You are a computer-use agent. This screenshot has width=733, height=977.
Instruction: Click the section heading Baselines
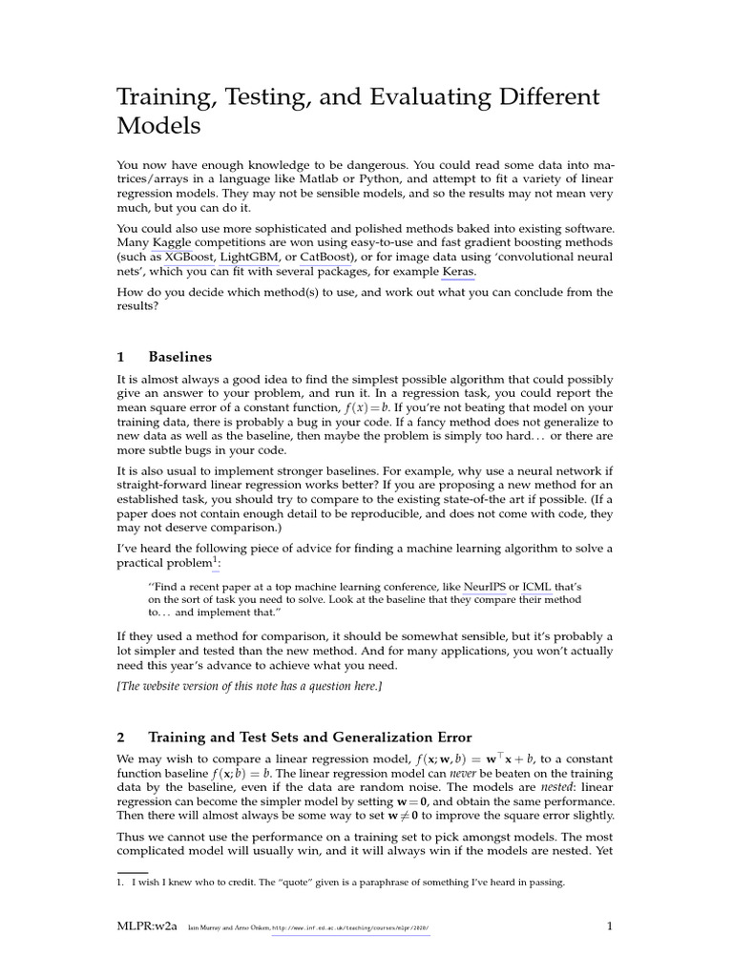(x=180, y=357)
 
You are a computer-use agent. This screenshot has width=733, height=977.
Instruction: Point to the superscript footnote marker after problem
(x=215, y=559)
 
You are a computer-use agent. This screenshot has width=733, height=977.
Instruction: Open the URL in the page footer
(x=351, y=927)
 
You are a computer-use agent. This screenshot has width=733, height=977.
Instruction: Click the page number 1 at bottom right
(x=609, y=925)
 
